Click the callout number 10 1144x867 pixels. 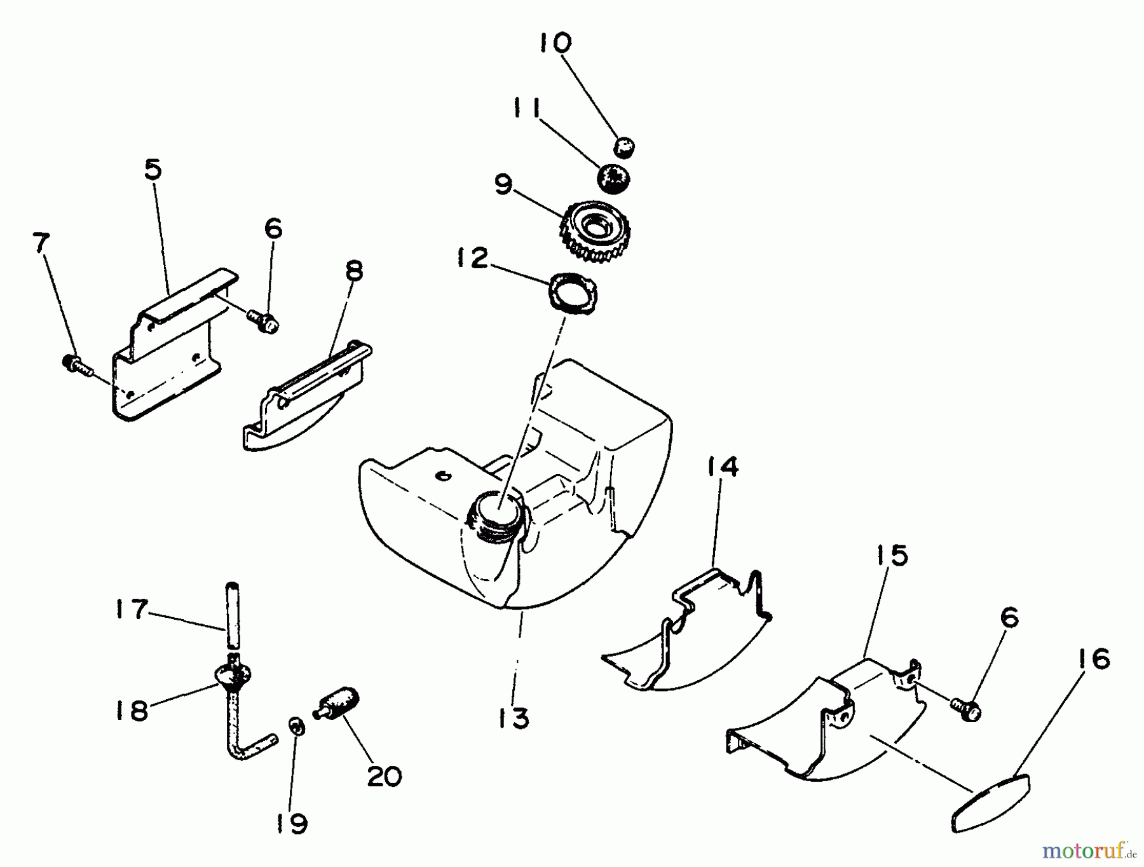click(555, 43)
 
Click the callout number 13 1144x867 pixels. click(514, 718)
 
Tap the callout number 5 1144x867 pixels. click(153, 170)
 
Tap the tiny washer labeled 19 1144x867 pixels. click(296, 726)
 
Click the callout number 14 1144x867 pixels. click(723, 468)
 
